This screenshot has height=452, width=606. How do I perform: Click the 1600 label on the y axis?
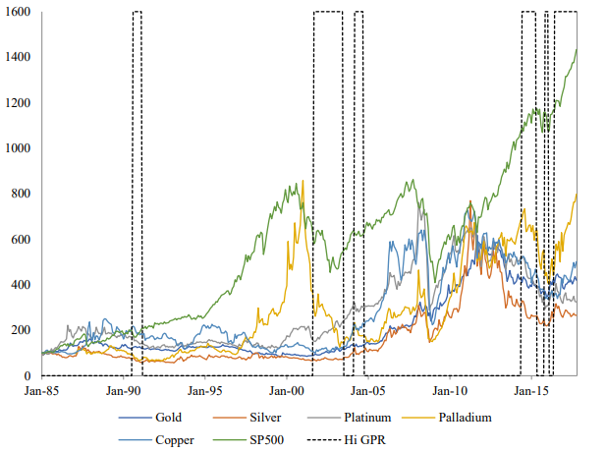click(x=20, y=12)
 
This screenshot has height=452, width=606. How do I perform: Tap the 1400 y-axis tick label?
click(x=20, y=57)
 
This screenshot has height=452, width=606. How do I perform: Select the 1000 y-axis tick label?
click(x=20, y=148)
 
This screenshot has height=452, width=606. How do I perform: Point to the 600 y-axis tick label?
click(x=23, y=239)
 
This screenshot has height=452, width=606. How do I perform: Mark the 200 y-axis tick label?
click(x=23, y=330)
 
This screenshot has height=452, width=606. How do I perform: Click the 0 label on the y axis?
click(x=29, y=375)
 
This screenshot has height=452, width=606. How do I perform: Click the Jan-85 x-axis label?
click(x=42, y=390)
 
